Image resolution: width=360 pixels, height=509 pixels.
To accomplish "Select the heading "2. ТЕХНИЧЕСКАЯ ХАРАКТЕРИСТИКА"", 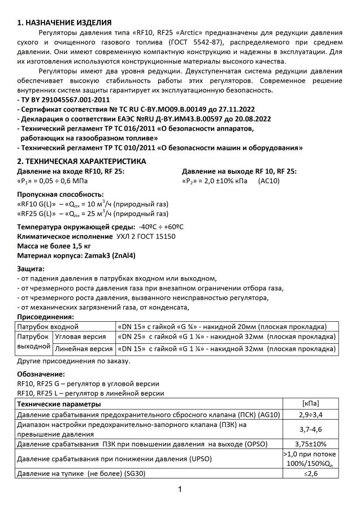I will [81, 161].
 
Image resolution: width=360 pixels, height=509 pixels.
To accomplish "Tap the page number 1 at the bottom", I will [180, 489].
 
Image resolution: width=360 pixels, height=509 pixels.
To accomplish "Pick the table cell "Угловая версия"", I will [79, 337].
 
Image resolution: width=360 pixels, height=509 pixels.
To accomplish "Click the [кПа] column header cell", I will [310, 404].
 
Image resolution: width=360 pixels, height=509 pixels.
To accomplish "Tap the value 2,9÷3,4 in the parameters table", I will [310, 415].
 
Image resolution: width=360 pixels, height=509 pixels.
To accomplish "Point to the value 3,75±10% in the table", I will [310, 444].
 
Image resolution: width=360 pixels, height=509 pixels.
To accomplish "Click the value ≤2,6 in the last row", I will [310, 473].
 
